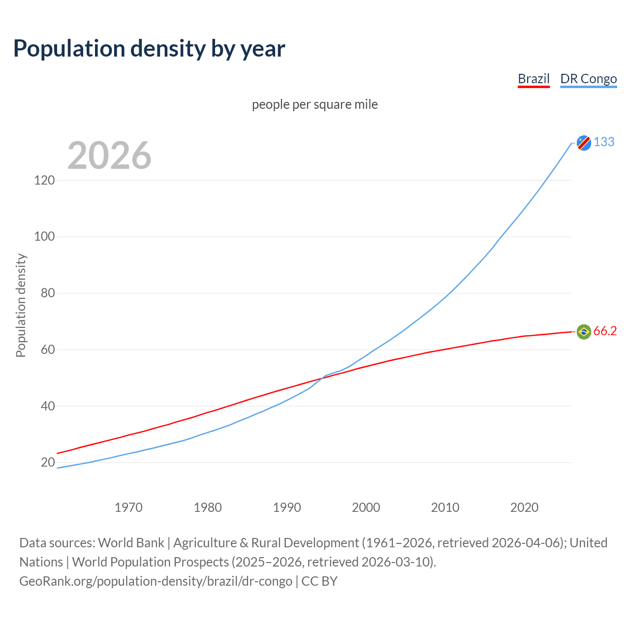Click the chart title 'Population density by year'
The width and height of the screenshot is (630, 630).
pos(149,49)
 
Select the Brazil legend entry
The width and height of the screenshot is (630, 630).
pos(534,79)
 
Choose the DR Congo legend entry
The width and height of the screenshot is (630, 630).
pos(588,79)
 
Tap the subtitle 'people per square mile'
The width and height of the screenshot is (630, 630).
pos(315,105)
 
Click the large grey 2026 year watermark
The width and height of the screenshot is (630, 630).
pos(109,156)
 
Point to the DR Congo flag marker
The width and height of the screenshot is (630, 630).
pos(584,143)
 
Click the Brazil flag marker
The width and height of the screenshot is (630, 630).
pos(584,332)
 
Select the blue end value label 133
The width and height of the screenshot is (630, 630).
pos(604,142)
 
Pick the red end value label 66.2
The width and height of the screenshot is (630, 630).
pos(605,331)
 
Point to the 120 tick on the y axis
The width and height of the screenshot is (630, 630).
pos(44,181)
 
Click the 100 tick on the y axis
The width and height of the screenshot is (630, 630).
pos(44,237)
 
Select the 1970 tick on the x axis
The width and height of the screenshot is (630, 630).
pos(128,507)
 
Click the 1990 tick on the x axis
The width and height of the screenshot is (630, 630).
pos(287,507)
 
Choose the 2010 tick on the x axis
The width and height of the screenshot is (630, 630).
pos(445,507)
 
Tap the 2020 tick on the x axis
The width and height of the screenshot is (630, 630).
pos(524,507)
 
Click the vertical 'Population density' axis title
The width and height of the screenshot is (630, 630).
pos(21,305)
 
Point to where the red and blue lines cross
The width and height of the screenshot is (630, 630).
pos(323,377)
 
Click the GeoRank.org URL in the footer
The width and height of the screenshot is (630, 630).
pos(156,581)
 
